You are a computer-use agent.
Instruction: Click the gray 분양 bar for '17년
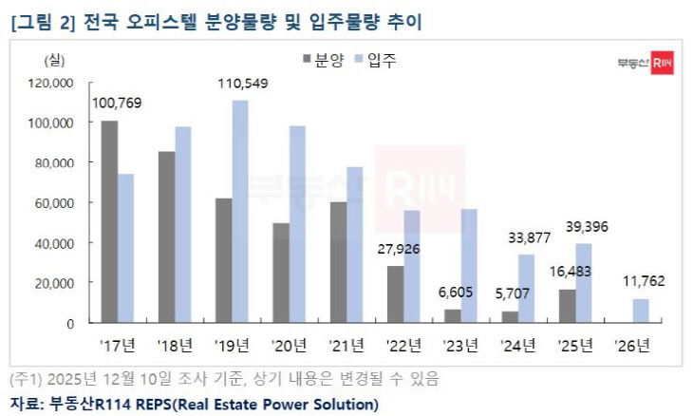pos(109,221)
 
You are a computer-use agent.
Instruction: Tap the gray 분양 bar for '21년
pos(339,262)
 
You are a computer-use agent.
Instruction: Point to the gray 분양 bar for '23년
pos(453,316)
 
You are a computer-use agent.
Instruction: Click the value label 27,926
pos(399,250)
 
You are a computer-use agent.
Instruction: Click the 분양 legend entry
pos(321,61)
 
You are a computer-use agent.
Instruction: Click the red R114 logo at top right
pos(662,66)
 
